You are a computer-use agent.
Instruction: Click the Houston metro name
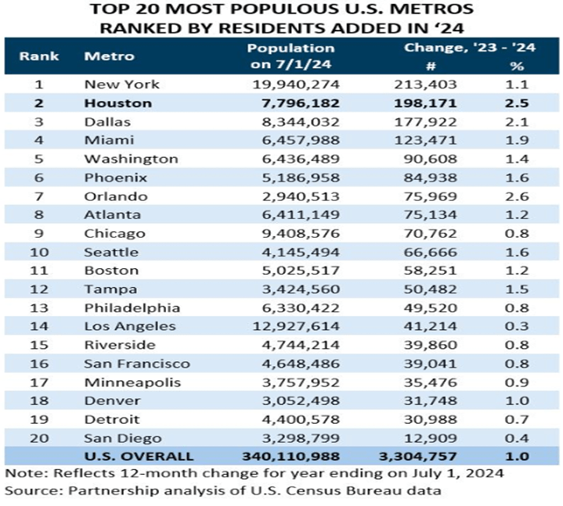[117, 102]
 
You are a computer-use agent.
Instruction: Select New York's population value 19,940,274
[291, 84]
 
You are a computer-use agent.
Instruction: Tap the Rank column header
[34, 56]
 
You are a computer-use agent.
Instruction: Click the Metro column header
[109, 56]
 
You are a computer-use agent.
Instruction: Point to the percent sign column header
[517, 66]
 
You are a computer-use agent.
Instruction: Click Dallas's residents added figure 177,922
[423, 121]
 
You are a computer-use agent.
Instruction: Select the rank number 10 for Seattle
[34, 252]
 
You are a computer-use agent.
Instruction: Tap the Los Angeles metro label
[130, 326]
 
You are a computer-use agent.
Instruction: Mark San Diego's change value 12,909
[427, 438]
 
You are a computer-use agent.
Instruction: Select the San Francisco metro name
[137, 364]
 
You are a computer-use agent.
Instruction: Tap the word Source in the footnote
[29, 490]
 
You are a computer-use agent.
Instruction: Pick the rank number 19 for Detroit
[34, 419]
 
